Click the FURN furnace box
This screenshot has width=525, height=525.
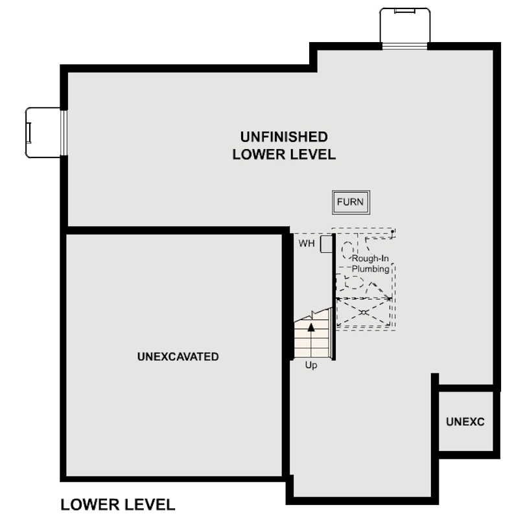pyautogui.click(x=351, y=202)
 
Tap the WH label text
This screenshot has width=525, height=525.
pyautogui.click(x=306, y=244)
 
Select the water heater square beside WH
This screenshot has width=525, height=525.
pyautogui.click(x=326, y=242)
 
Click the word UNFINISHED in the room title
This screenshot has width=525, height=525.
pyautogui.click(x=284, y=137)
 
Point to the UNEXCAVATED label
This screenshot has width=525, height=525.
pyautogui.click(x=178, y=356)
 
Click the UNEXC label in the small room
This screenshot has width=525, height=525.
pyautogui.click(x=465, y=422)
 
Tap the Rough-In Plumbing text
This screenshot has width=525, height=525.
pyautogui.click(x=370, y=264)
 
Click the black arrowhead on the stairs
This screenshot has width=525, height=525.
pyautogui.click(x=311, y=327)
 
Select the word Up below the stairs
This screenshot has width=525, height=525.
pyautogui.click(x=311, y=366)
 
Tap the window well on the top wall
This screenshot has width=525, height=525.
pyautogui.click(x=404, y=25)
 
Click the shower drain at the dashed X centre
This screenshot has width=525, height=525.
pyautogui.click(x=364, y=312)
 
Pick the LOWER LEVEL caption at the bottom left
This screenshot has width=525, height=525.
pyautogui.click(x=117, y=504)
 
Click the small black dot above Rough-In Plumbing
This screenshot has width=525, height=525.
pyautogui.click(x=392, y=231)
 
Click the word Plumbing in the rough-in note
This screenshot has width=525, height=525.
pyautogui.click(x=370, y=268)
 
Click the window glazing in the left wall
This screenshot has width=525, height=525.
pyautogui.click(x=64, y=132)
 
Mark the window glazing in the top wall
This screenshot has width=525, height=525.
pyautogui.click(x=404, y=45)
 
